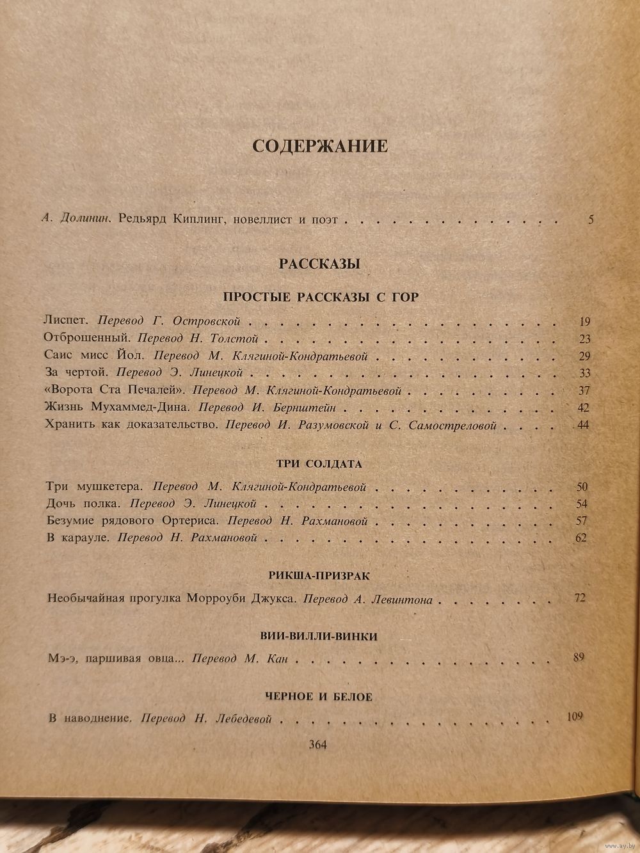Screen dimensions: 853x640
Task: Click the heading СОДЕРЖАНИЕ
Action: (x=320, y=146)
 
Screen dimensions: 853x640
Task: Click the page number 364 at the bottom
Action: (x=318, y=744)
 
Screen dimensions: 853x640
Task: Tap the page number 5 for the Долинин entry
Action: (x=590, y=219)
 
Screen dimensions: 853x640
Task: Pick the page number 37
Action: (x=582, y=390)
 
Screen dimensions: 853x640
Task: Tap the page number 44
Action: (x=582, y=424)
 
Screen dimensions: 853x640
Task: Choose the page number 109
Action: (x=575, y=716)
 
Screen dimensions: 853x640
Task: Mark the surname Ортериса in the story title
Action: (x=194, y=521)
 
